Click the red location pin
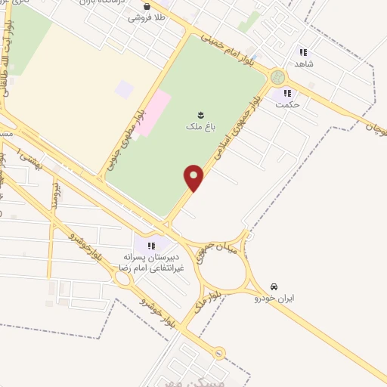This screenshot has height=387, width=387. pos(193,178)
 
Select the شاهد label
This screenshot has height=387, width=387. pos(305,65)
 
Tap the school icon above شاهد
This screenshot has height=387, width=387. pos(303,52)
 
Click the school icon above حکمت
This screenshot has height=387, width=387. pos(286,94)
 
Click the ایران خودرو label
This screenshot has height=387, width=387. pos(275,299)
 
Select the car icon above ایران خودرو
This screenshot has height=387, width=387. pos(273,286)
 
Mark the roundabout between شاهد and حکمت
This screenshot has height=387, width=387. pos(277,78)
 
